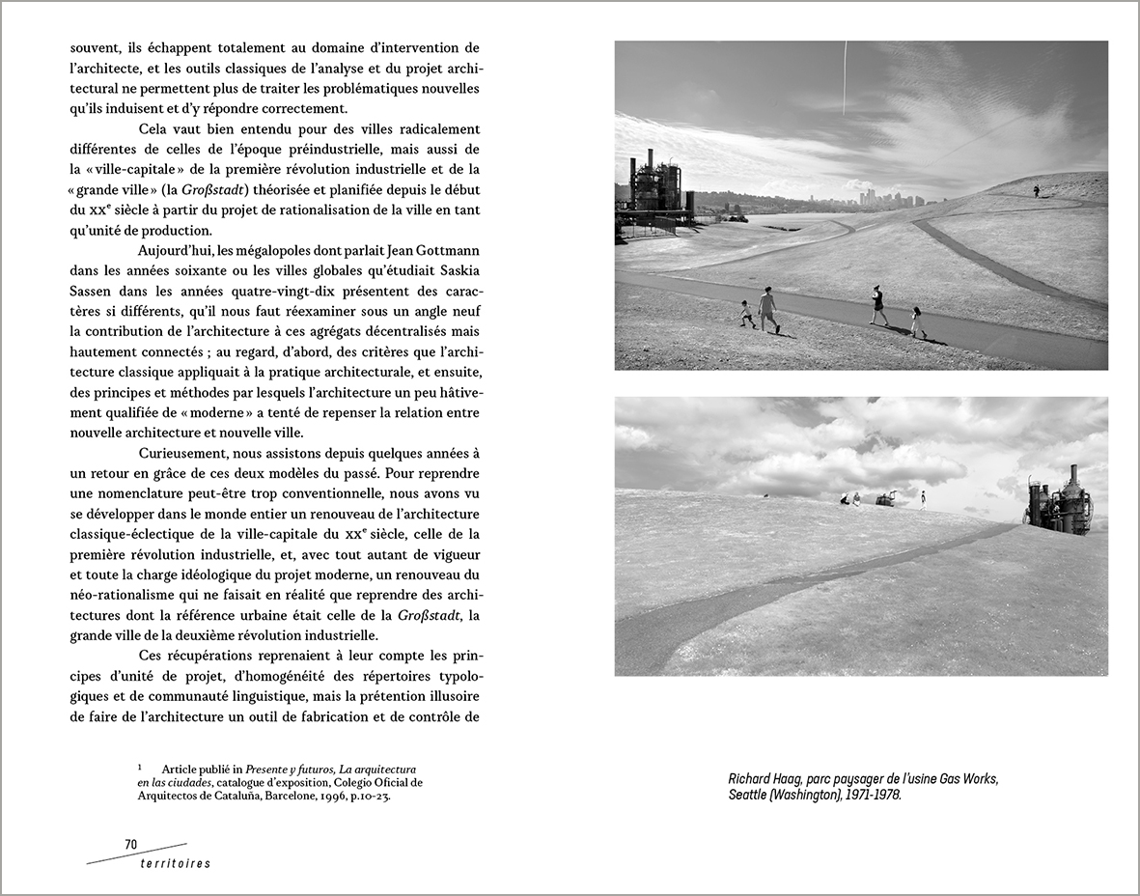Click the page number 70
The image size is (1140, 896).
(131, 844)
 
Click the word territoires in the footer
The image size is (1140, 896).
(174, 863)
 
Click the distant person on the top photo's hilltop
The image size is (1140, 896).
(1036, 191)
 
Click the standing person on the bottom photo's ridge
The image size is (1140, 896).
(923, 499)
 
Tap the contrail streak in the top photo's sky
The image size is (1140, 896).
(845, 77)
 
